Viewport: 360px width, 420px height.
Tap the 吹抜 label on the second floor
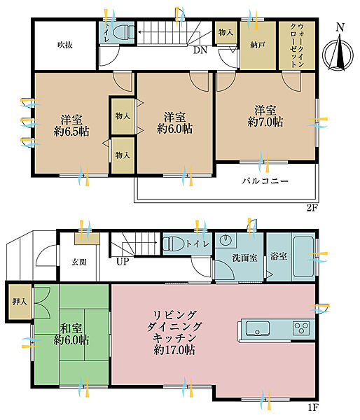(65, 45)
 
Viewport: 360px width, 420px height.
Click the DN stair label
(200, 50)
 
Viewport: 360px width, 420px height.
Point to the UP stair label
(123, 261)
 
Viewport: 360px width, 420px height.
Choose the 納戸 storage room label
(258, 45)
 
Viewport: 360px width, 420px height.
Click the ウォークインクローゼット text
(297, 45)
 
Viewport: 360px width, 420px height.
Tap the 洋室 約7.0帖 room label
(265, 116)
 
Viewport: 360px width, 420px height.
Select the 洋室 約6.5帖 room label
(71, 125)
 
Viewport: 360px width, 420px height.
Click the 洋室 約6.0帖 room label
(175, 123)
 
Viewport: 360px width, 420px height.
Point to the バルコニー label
(265, 181)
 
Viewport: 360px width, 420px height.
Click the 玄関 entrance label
(79, 262)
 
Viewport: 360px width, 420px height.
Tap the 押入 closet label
(20, 302)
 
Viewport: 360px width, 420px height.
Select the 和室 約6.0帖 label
(71, 335)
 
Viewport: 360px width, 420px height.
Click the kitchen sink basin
(258, 328)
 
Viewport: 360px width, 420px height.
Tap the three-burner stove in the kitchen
(301, 328)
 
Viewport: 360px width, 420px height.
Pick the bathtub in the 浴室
(303, 256)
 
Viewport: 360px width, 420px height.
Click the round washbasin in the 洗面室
(225, 240)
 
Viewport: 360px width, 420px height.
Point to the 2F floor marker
(312, 208)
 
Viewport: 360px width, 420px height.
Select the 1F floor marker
(313, 408)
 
